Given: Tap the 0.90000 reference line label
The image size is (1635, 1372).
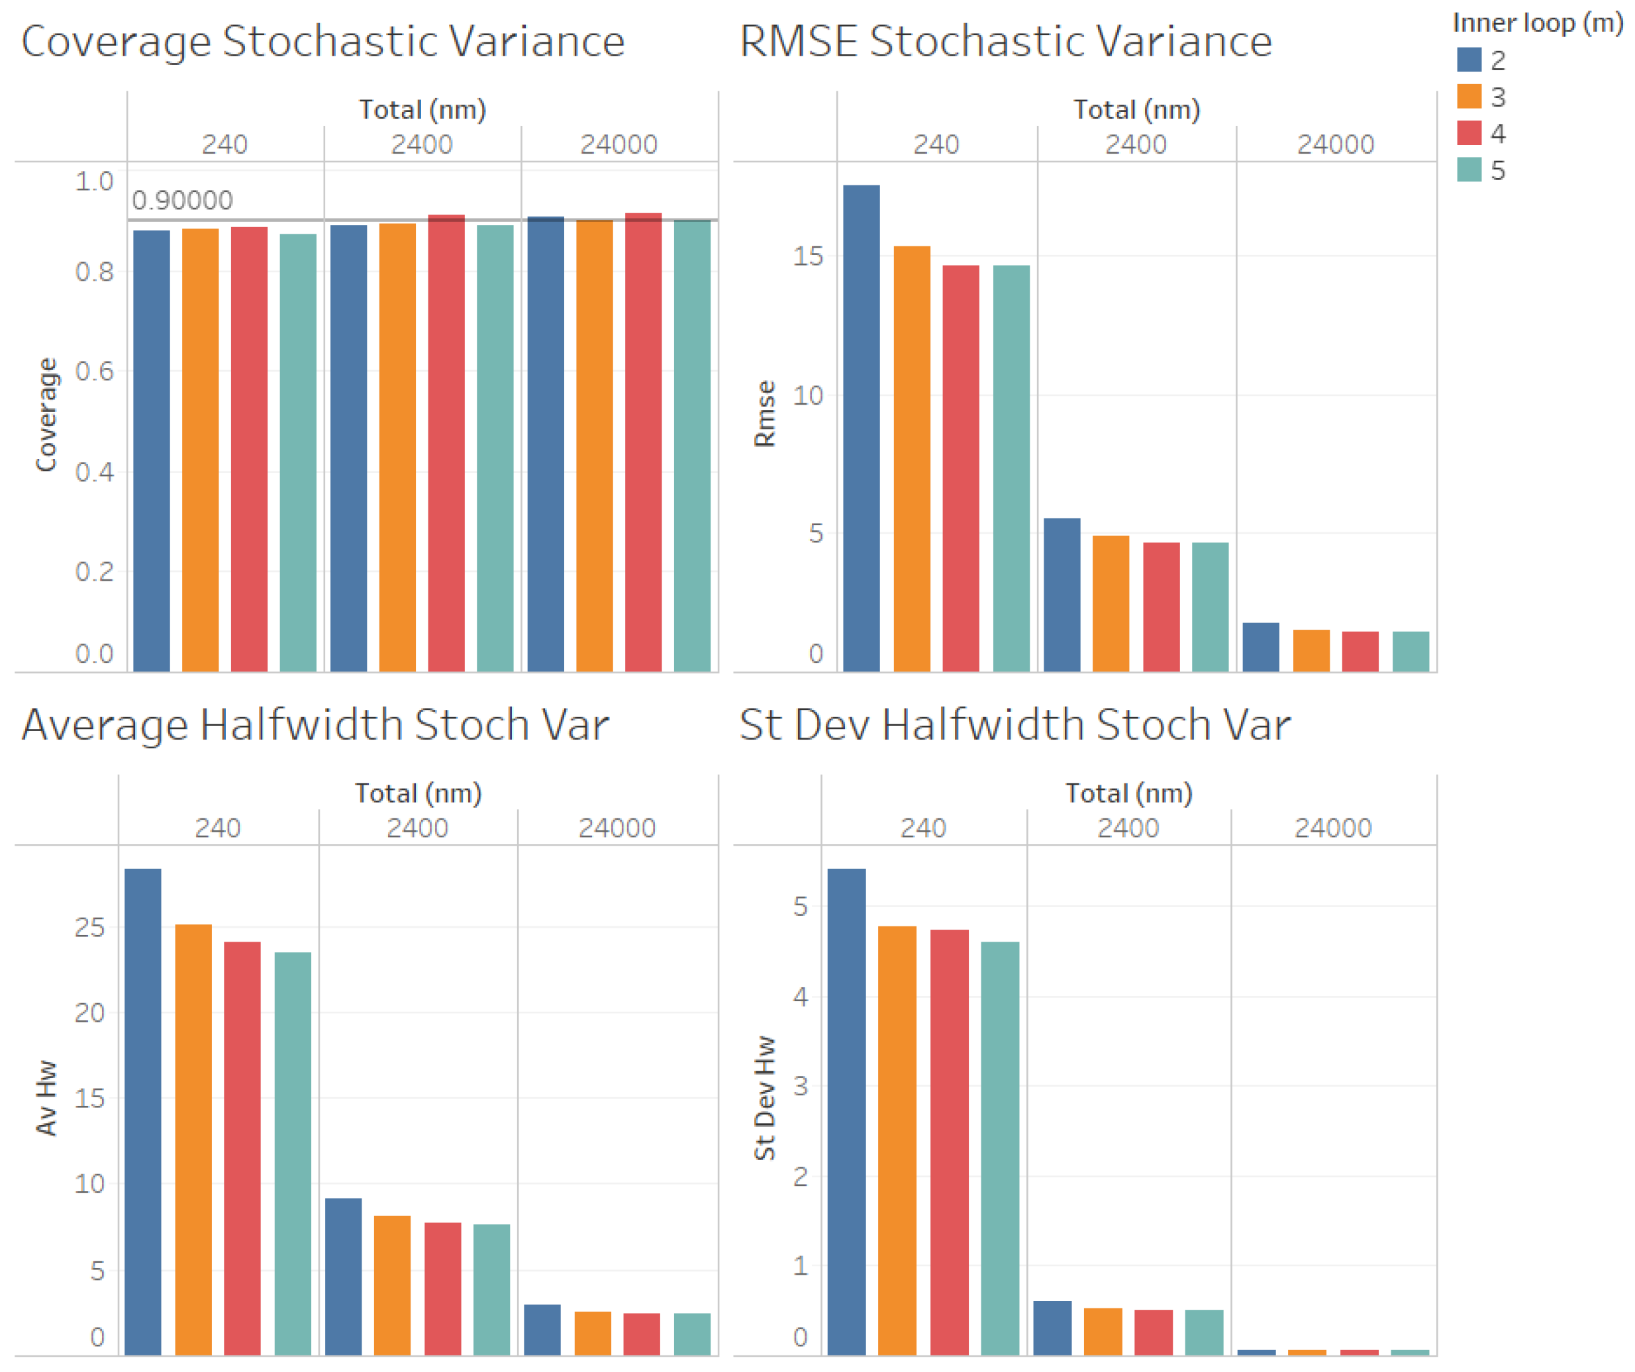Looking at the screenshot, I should pyautogui.click(x=182, y=200).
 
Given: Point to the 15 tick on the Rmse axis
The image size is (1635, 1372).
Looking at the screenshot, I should pyautogui.click(x=807, y=256).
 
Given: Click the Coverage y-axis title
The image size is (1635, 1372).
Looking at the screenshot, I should pyautogui.click(x=47, y=415).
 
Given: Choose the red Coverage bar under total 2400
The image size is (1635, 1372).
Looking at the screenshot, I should pyautogui.click(x=446, y=443).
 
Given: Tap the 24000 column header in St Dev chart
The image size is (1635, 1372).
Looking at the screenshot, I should pyautogui.click(x=1332, y=827).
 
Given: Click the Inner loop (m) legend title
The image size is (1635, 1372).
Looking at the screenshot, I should pyautogui.click(x=1537, y=23).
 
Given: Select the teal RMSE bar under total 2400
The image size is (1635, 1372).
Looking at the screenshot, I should pyautogui.click(x=1210, y=607).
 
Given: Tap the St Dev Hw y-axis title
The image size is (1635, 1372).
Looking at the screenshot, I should pyautogui.click(x=765, y=1097).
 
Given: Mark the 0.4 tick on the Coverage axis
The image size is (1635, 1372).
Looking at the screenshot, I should pyautogui.click(x=94, y=472).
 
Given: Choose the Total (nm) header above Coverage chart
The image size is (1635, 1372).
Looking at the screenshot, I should pyautogui.click(x=422, y=109).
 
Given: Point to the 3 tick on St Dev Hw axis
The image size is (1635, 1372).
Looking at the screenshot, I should pyautogui.click(x=799, y=1085).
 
